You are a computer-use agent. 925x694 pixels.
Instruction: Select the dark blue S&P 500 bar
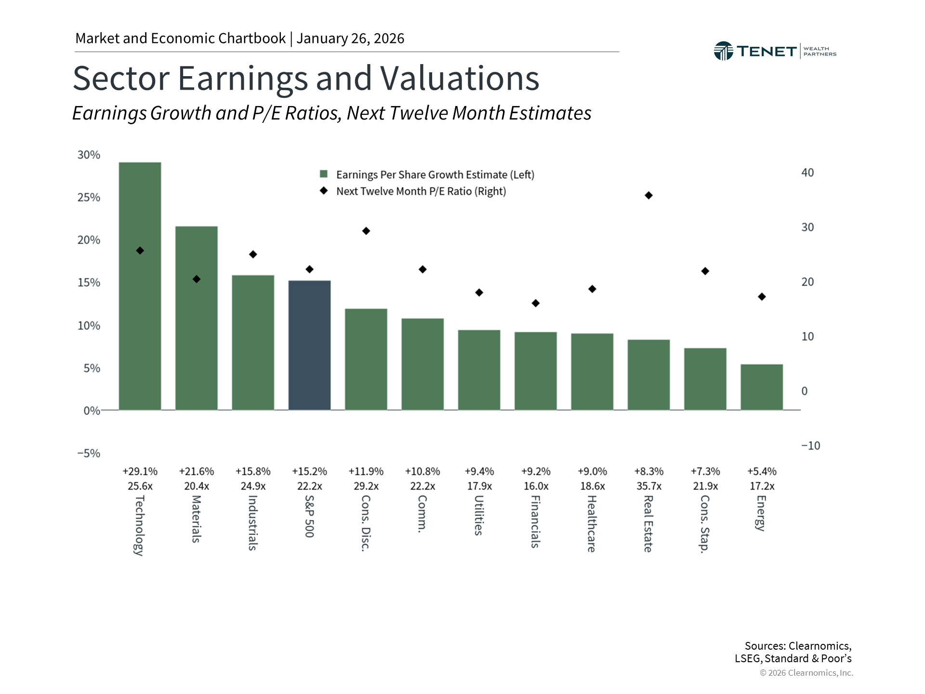309,345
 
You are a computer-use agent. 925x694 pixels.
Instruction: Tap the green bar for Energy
761,387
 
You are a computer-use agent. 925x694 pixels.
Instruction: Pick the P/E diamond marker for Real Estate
648,195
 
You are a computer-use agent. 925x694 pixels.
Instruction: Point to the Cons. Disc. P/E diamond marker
366,231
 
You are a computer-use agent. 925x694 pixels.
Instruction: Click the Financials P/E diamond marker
536,303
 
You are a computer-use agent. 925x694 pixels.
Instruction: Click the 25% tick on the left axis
89,198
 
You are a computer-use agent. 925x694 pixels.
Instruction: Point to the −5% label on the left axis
89,453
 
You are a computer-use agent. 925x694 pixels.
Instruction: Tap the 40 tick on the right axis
807,173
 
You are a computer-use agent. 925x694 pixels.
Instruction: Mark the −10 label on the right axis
810,446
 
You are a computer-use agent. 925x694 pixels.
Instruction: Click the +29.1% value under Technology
140,471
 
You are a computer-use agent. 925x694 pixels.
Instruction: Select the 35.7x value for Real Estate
648,486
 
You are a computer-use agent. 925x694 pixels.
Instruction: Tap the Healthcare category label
592,524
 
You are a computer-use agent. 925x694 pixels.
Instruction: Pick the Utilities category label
479,515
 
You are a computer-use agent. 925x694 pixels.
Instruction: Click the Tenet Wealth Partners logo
775,51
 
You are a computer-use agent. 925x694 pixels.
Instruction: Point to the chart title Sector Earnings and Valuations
306,78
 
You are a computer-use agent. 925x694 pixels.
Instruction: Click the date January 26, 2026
350,39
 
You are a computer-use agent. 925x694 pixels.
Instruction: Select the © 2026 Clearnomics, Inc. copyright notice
806,673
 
